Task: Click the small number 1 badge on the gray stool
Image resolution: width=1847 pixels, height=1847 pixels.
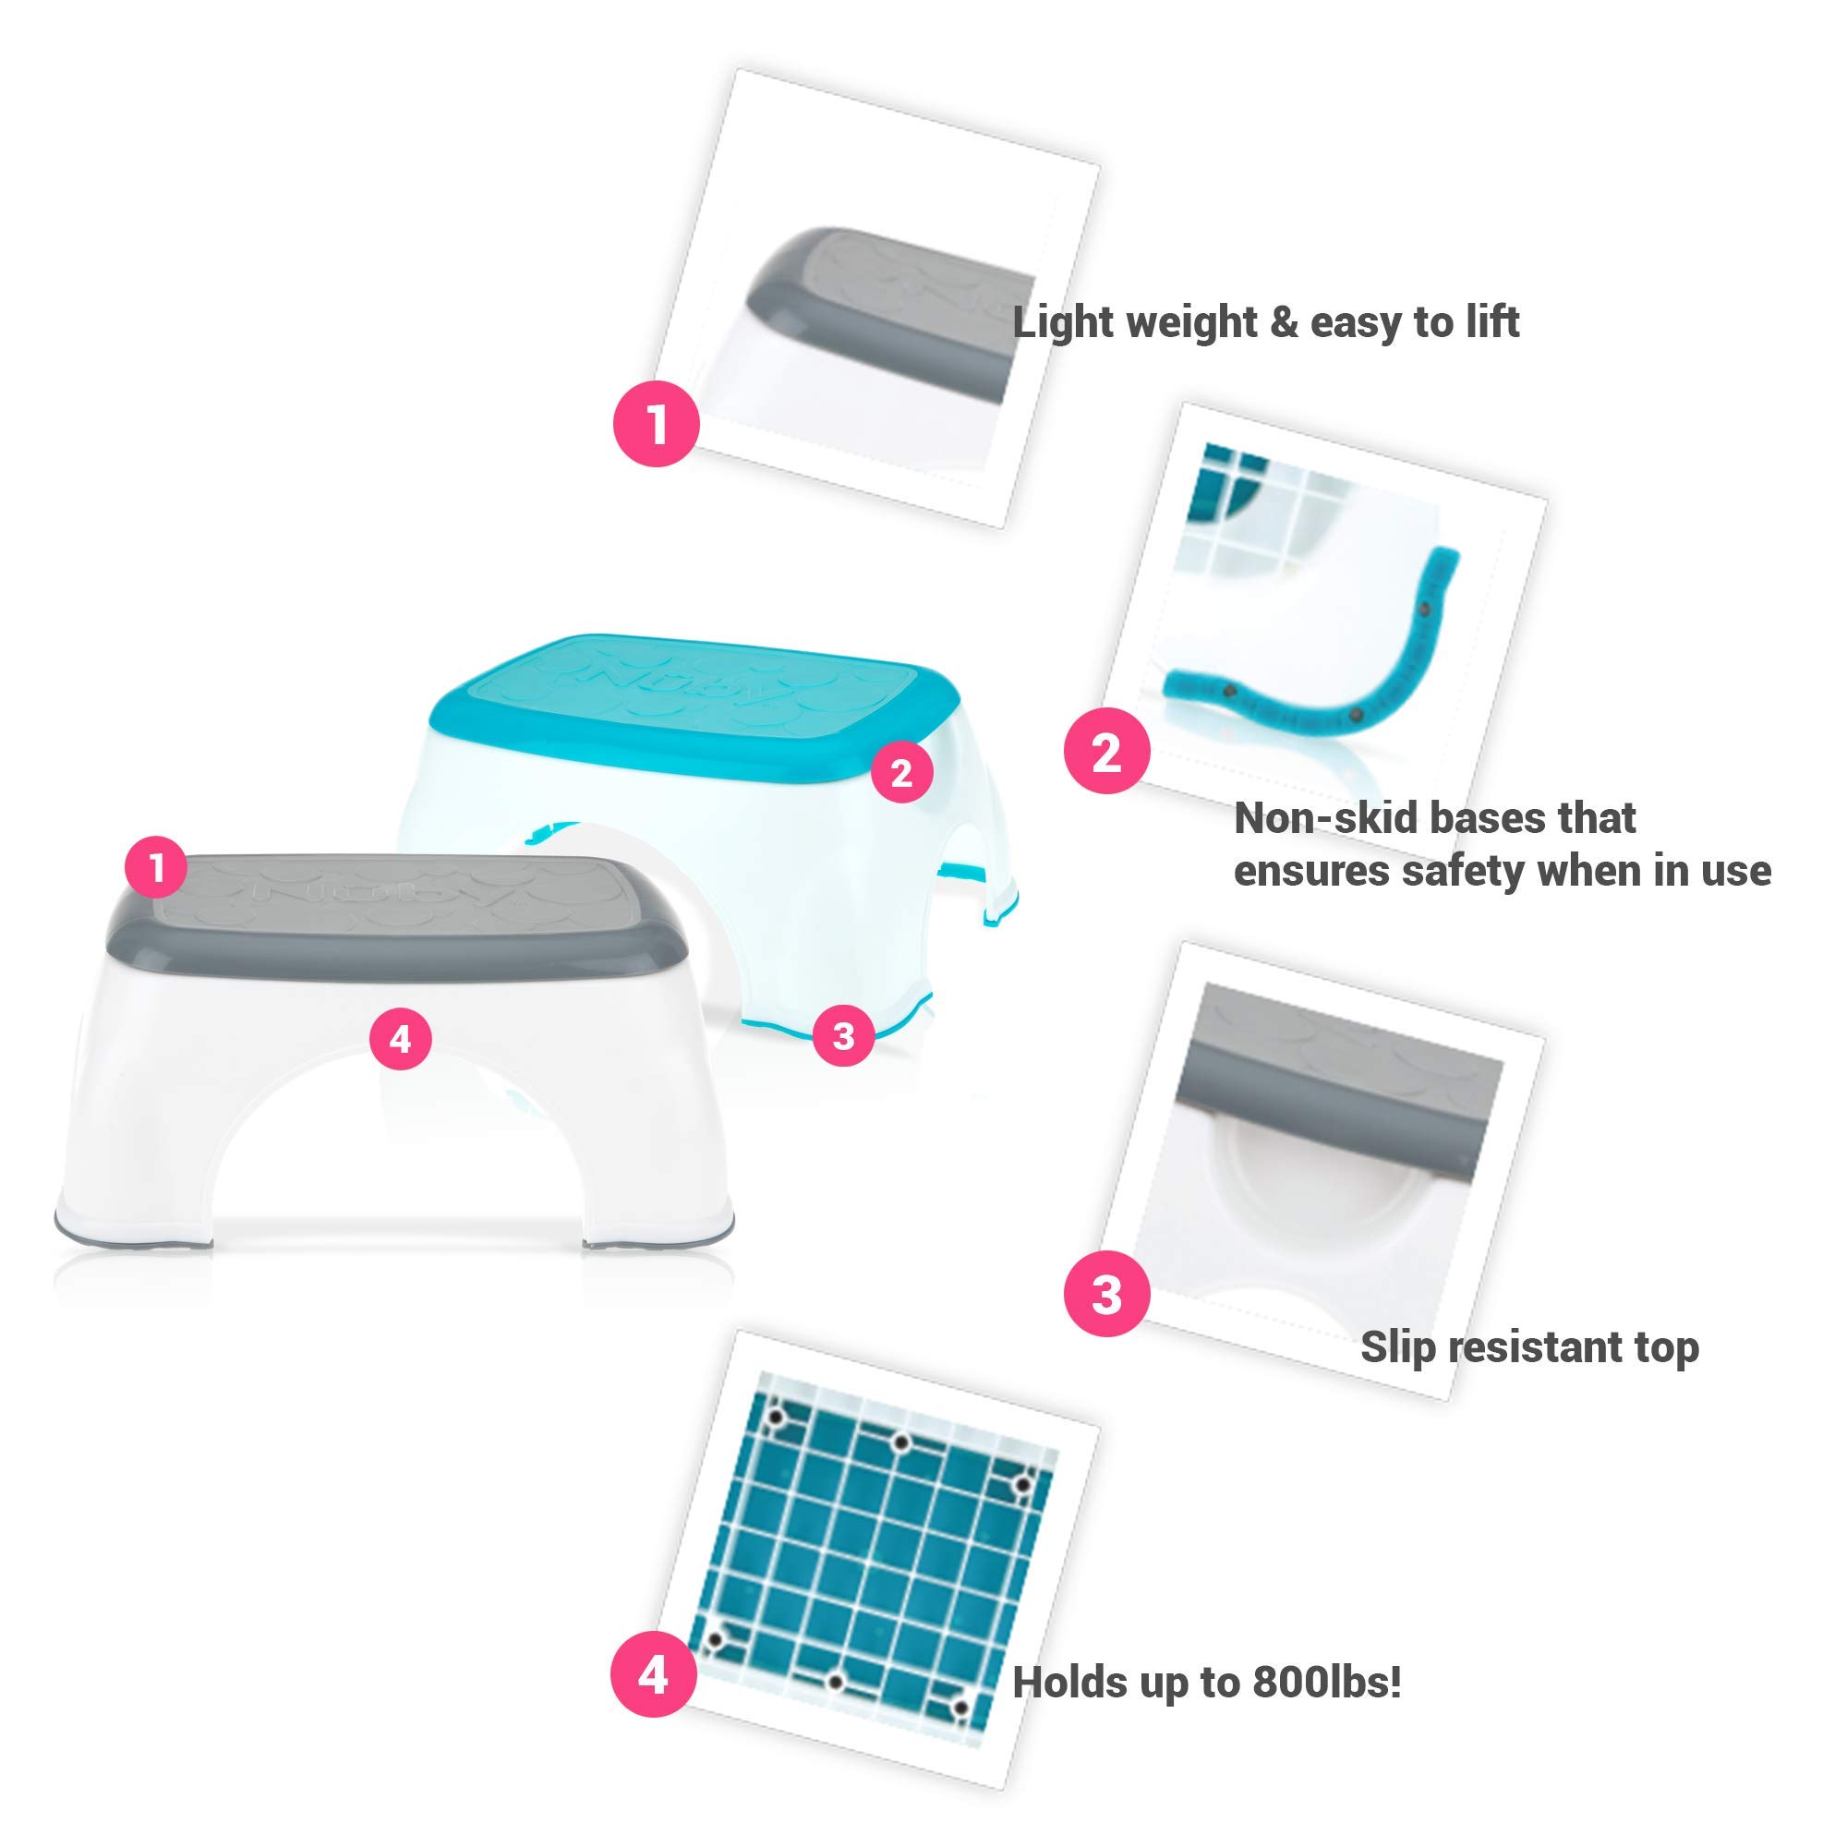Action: [157, 868]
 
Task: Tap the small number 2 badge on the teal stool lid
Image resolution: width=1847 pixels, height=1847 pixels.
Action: [901, 772]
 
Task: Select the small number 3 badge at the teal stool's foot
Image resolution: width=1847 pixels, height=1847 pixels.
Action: [843, 1035]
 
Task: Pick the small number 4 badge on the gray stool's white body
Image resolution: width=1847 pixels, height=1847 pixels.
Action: [401, 1038]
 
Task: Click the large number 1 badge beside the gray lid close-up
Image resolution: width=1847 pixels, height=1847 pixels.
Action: [657, 424]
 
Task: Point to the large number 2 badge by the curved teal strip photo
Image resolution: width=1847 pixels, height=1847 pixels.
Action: [1107, 752]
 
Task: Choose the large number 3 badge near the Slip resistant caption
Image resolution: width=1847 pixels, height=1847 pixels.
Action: [1107, 1295]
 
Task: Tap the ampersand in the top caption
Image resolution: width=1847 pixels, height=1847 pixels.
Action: [1284, 323]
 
